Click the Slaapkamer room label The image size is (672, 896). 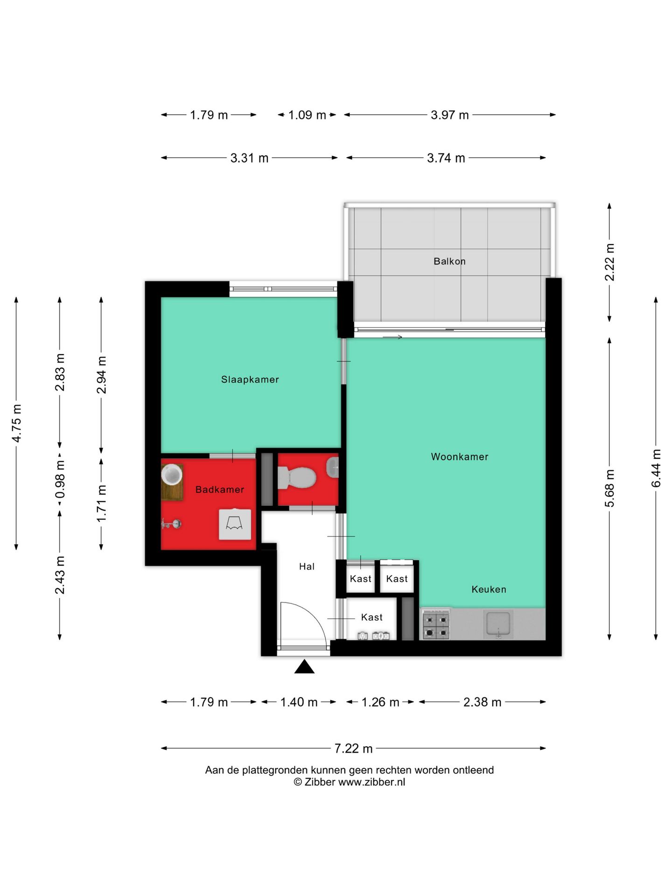click(250, 379)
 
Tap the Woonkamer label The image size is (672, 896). click(460, 457)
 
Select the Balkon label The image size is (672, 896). click(449, 261)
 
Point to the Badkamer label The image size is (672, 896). click(220, 490)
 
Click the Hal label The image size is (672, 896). click(307, 567)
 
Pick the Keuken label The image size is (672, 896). click(489, 589)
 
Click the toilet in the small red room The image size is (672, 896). click(297, 478)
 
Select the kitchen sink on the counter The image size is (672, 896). click(498, 624)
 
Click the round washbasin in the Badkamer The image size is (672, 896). click(172, 475)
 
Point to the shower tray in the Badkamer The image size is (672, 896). click(235, 525)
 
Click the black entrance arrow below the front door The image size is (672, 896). click(304, 666)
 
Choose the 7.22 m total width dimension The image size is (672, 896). click(353, 749)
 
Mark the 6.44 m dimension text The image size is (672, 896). click(656, 468)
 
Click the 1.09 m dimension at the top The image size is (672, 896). click(307, 115)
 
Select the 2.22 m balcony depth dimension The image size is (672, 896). click(609, 262)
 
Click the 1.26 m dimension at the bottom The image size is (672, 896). click(380, 702)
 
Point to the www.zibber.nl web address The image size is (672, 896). click(371, 783)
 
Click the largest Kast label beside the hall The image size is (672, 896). click(371, 617)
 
